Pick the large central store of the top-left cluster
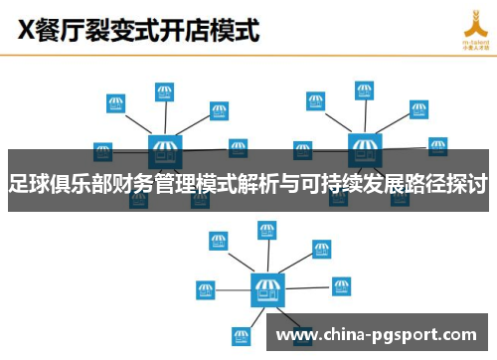tap(165, 152)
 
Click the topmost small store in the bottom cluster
tap(267, 231)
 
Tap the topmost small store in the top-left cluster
tap(165, 92)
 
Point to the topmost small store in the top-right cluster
tap(365, 91)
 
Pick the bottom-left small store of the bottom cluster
tap(239, 335)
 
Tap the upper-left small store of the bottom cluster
tap(217, 241)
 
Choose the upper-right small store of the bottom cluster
tap(321, 248)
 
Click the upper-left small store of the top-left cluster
tap(115, 102)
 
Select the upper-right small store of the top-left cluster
tap(220, 109)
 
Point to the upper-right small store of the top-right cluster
tap(418, 109)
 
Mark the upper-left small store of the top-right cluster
tap(315, 101)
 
